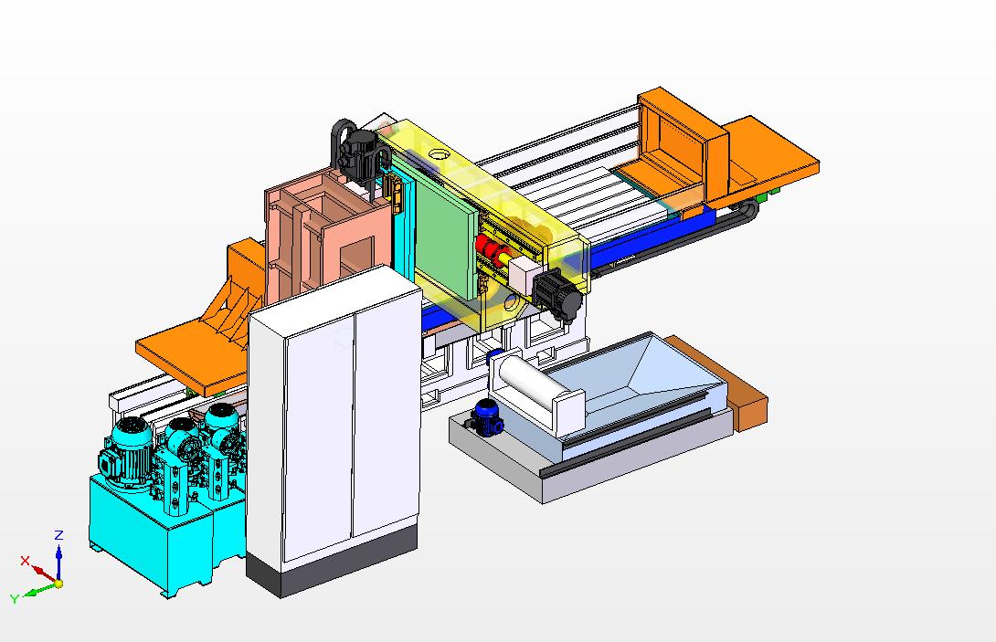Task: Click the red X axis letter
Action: [25, 561]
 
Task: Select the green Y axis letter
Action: [15, 599]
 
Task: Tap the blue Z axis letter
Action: [59, 534]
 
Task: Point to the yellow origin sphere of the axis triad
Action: [58, 583]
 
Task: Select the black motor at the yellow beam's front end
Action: [556, 295]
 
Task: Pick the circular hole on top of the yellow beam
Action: [439, 153]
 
